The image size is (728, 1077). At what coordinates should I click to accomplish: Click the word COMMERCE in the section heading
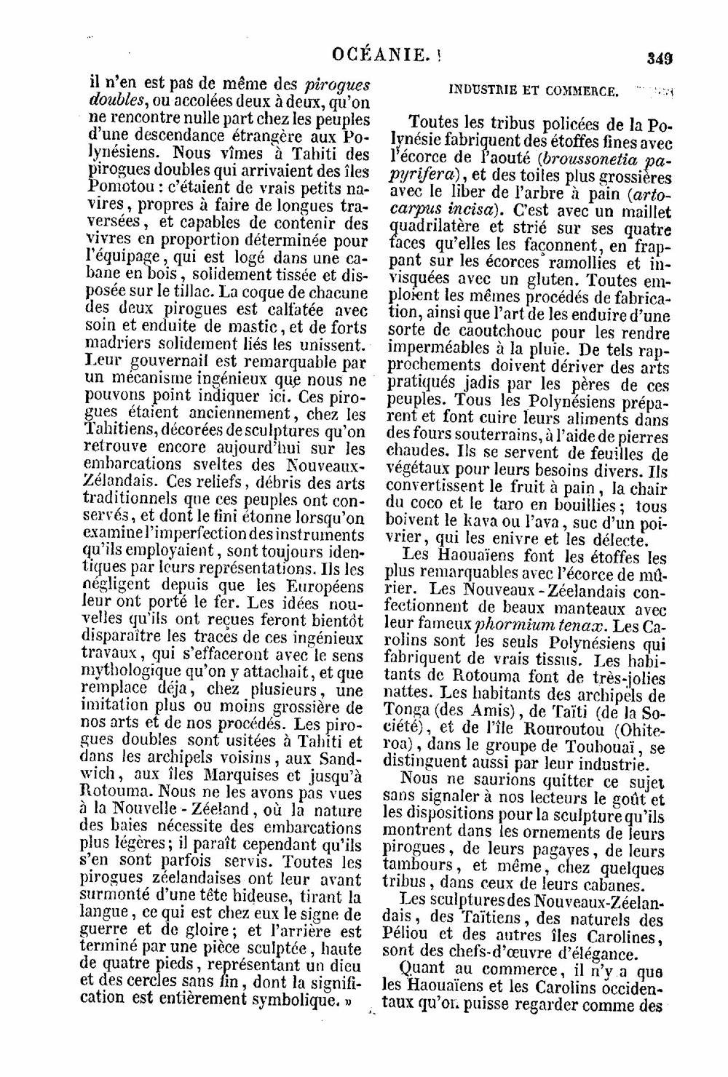[585, 91]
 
